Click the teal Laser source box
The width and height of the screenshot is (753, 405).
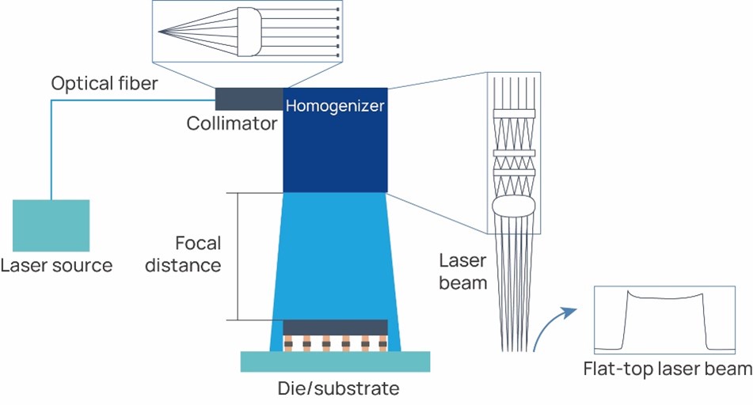(51, 225)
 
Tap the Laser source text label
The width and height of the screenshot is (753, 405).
(57, 265)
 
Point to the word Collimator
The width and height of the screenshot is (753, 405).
(232, 123)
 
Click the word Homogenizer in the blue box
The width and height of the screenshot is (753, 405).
(335, 105)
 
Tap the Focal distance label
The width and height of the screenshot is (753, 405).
(197, 254)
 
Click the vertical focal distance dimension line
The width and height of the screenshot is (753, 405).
(238, 255)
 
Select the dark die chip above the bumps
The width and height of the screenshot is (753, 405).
(335, 327)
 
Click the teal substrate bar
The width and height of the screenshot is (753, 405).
(335, 361)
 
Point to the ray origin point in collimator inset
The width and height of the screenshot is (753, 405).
(160, 32)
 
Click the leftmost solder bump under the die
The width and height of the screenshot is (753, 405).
(289, 343)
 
